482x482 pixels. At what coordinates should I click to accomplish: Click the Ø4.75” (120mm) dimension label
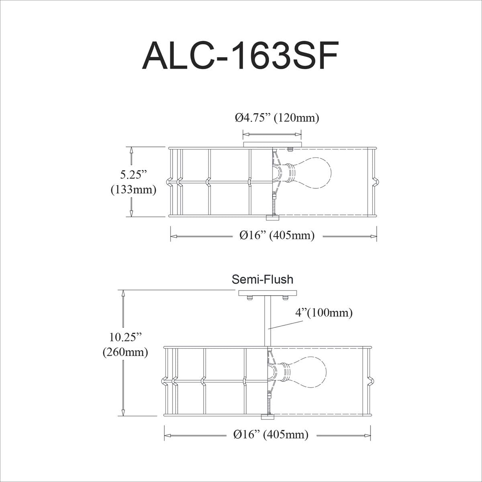tap(277, 118)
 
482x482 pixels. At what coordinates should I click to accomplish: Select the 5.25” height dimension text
tap(133, 175)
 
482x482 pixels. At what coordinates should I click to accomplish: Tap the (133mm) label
tap(133, 190)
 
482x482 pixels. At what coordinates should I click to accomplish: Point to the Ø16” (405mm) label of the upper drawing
tap(277, 235)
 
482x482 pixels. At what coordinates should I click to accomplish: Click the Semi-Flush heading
tap(262, 279)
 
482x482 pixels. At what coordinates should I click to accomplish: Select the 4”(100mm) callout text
tap(324, 312)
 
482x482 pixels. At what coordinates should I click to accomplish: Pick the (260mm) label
tap(125, 352)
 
